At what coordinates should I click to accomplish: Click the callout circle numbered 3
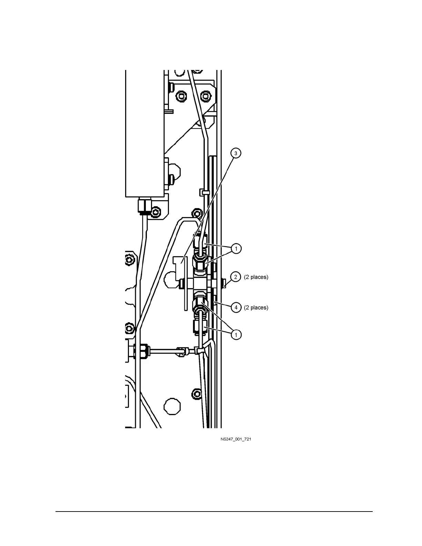pos(236,153)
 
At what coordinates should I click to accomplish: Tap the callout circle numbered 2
pos(236,277)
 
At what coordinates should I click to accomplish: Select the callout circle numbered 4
pos(236,307)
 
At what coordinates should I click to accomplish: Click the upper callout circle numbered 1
pos(236,249)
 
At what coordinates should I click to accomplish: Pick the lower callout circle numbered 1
pos(236,334)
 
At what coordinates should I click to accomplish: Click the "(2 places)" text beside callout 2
pos(256,277)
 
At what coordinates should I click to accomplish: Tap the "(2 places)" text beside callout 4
pos(256,307)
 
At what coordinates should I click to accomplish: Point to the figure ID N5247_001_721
pos(236,439)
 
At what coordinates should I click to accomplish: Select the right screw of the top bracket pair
pos(206,95)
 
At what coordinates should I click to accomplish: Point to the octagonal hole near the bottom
pos(172,406)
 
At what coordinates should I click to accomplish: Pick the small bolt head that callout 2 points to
pos(224,284)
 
